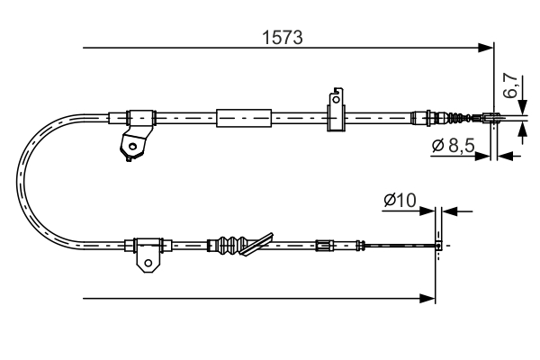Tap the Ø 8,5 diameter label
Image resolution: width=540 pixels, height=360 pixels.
click(451, 145)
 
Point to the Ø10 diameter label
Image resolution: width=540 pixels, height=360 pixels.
click(398, 201)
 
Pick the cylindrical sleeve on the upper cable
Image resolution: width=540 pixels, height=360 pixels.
click(244, 116)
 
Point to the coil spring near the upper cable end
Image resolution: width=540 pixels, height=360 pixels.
click(458, 116)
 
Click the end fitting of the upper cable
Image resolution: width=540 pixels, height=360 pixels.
click(492, 116)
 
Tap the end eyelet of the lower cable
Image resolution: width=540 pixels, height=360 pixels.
click(438, 244)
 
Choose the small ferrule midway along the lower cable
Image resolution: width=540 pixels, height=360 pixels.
click(323, 243)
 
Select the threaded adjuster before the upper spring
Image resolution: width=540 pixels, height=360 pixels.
click(427, 116)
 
